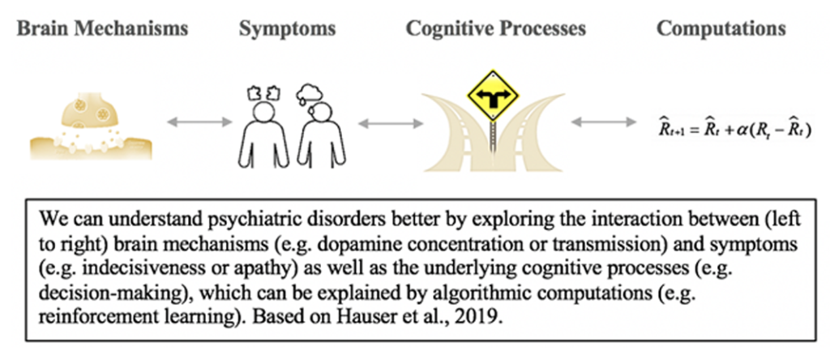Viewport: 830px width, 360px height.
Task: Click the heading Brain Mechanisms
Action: pos(102,29)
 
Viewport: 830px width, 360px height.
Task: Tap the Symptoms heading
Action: pos(287,29)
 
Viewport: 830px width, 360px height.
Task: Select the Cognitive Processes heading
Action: pos(496,29)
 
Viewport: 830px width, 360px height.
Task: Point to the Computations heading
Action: pos(721,29)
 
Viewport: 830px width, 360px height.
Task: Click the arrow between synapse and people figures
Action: pos(199,123)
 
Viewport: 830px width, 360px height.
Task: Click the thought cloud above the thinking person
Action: pos(310,92)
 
